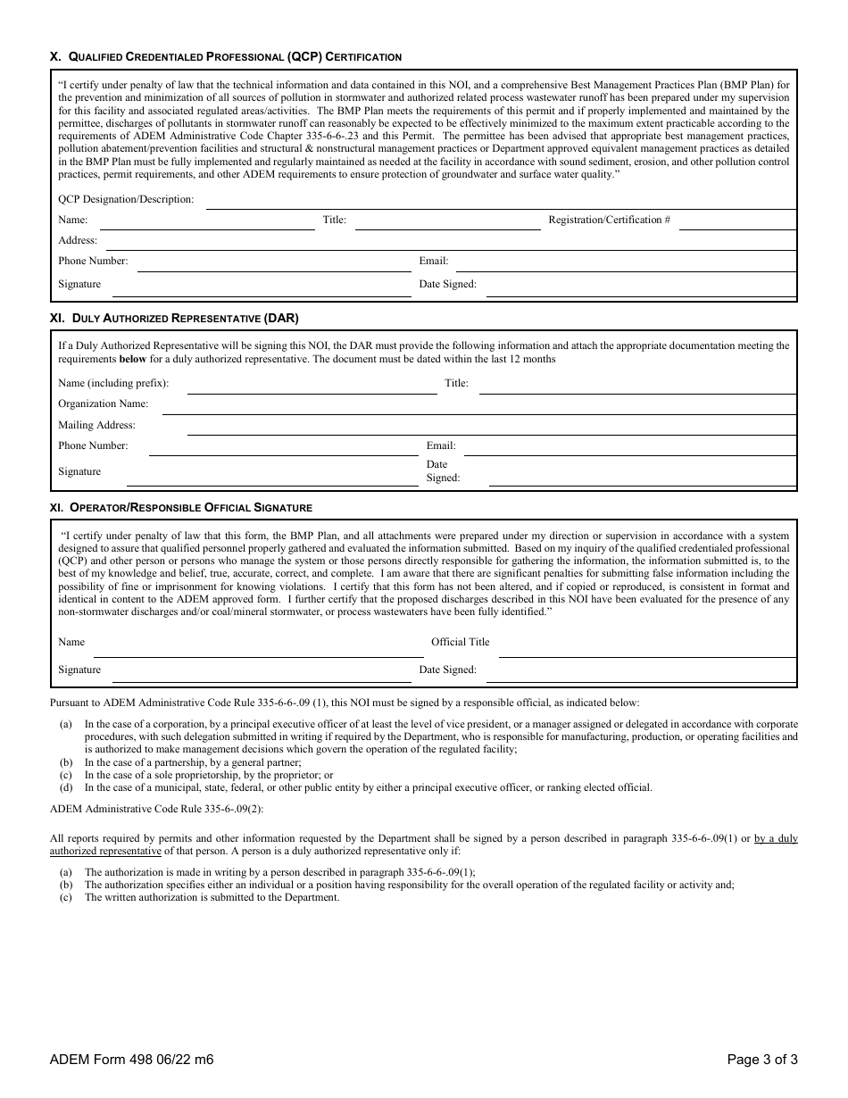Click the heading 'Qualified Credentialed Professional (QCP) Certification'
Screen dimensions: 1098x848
(x=225, y=57)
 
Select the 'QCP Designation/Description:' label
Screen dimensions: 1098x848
(x=126, y=200)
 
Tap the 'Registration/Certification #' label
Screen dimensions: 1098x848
(x=609, y=220)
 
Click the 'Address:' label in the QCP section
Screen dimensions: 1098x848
(x=78, y=241)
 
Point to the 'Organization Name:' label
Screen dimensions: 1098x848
(x=104, y=404)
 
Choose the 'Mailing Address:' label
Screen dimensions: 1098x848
(x=97, y=426)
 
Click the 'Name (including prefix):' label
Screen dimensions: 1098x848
(x=113, y=384)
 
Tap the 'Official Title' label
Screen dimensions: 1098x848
(x=460, y=642)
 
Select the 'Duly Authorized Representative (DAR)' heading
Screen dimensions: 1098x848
(x=174, y=318)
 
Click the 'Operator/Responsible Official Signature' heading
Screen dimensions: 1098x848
(x=180, y=508)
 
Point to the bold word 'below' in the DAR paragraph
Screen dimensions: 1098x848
(x=134, y=359)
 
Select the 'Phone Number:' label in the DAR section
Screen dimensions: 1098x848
(x=93, y=445)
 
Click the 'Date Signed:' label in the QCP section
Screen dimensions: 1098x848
(x=447, y=285)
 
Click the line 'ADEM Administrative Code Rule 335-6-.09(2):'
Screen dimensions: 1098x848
(x=157, y=809)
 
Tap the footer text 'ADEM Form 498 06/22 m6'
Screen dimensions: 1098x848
(x=132, y=1061)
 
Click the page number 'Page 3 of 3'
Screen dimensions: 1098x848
(x=761, y=1061)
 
